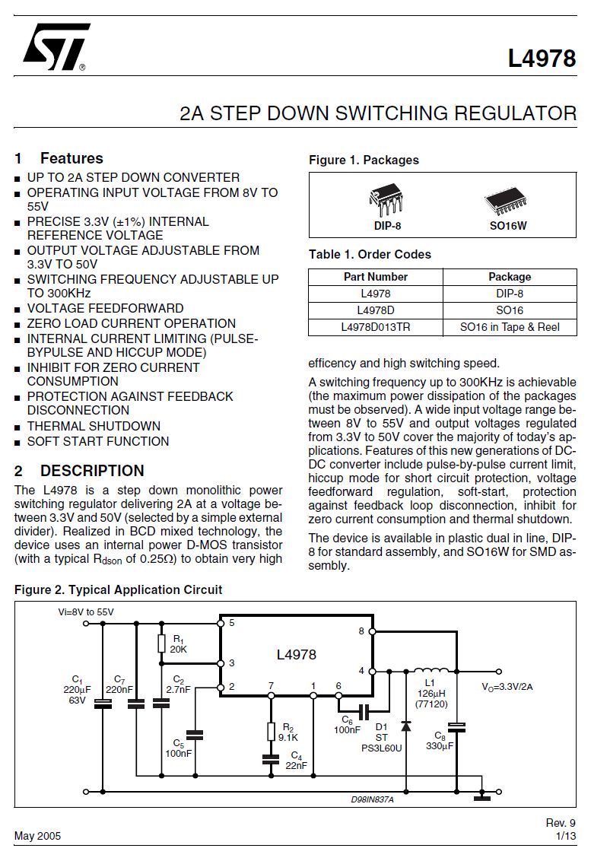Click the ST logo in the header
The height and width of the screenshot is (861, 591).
[56, 46]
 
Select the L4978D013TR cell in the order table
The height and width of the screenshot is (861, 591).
[375, 327]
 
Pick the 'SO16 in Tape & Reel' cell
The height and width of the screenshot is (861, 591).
[510, 327]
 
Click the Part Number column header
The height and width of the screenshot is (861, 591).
[375, 277]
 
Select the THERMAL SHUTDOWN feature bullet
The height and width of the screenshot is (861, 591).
[94, 426]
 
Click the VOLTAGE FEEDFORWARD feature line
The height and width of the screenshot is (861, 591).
[105, 308]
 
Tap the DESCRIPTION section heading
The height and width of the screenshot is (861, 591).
[92, 471]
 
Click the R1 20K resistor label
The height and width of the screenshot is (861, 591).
[178, 644]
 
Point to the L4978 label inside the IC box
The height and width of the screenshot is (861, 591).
[296, 654]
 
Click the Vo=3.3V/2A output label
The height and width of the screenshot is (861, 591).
[507, 687]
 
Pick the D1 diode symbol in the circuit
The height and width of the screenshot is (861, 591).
[406, 726]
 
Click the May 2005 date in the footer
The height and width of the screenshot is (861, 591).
[37, 836]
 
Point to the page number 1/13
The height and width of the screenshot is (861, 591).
[566, 836]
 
